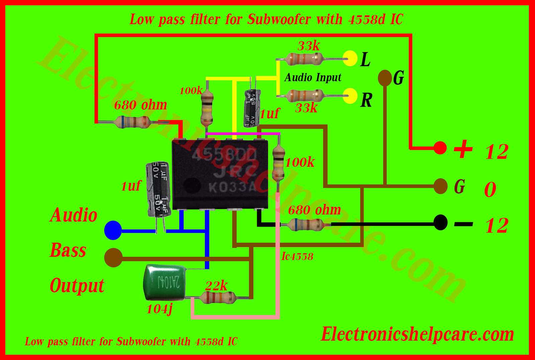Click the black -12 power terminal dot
pos(440,223)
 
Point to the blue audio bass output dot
pos(113,230)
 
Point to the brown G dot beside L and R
pos(385,78)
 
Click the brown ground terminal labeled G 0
pos(440,186)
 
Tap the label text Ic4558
pos(297,256)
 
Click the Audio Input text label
pos(313,78)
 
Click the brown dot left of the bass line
pos(114,257)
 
